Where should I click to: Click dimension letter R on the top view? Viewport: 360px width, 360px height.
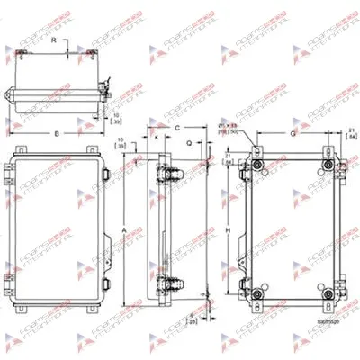53,40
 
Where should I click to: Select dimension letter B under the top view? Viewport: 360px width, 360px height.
57,133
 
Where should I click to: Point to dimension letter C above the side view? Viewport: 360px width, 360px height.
178,129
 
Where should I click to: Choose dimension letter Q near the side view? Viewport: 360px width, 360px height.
188,141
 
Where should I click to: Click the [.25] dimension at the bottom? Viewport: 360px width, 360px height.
192,319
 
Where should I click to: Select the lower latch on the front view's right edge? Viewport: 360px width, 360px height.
105,283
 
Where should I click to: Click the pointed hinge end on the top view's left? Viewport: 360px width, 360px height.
8,93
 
